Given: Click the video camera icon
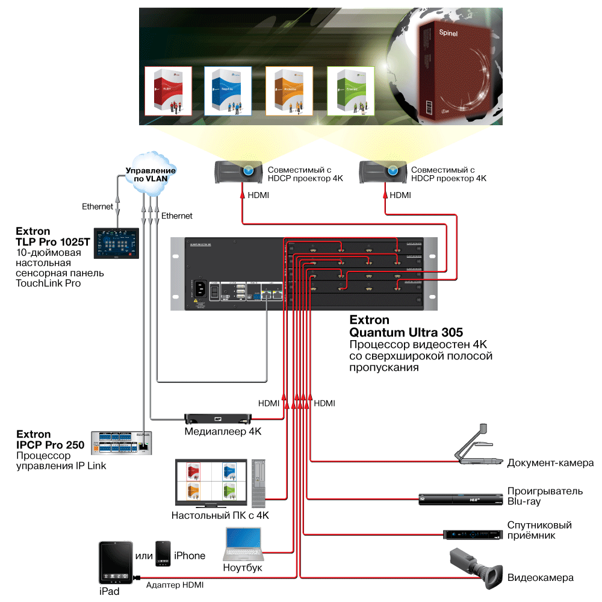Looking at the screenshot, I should click(x=476, y=568).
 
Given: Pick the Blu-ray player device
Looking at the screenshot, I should click(x=459, y=498).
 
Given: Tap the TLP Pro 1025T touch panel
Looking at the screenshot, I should click(x=117, y=243).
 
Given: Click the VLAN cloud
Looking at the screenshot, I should click(x=150, y=173).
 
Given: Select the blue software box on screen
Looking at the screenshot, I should click(x=227, y=90).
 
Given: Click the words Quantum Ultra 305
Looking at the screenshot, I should click(x=406, y=332).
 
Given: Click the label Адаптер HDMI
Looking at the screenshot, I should click(x=175, y=585).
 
